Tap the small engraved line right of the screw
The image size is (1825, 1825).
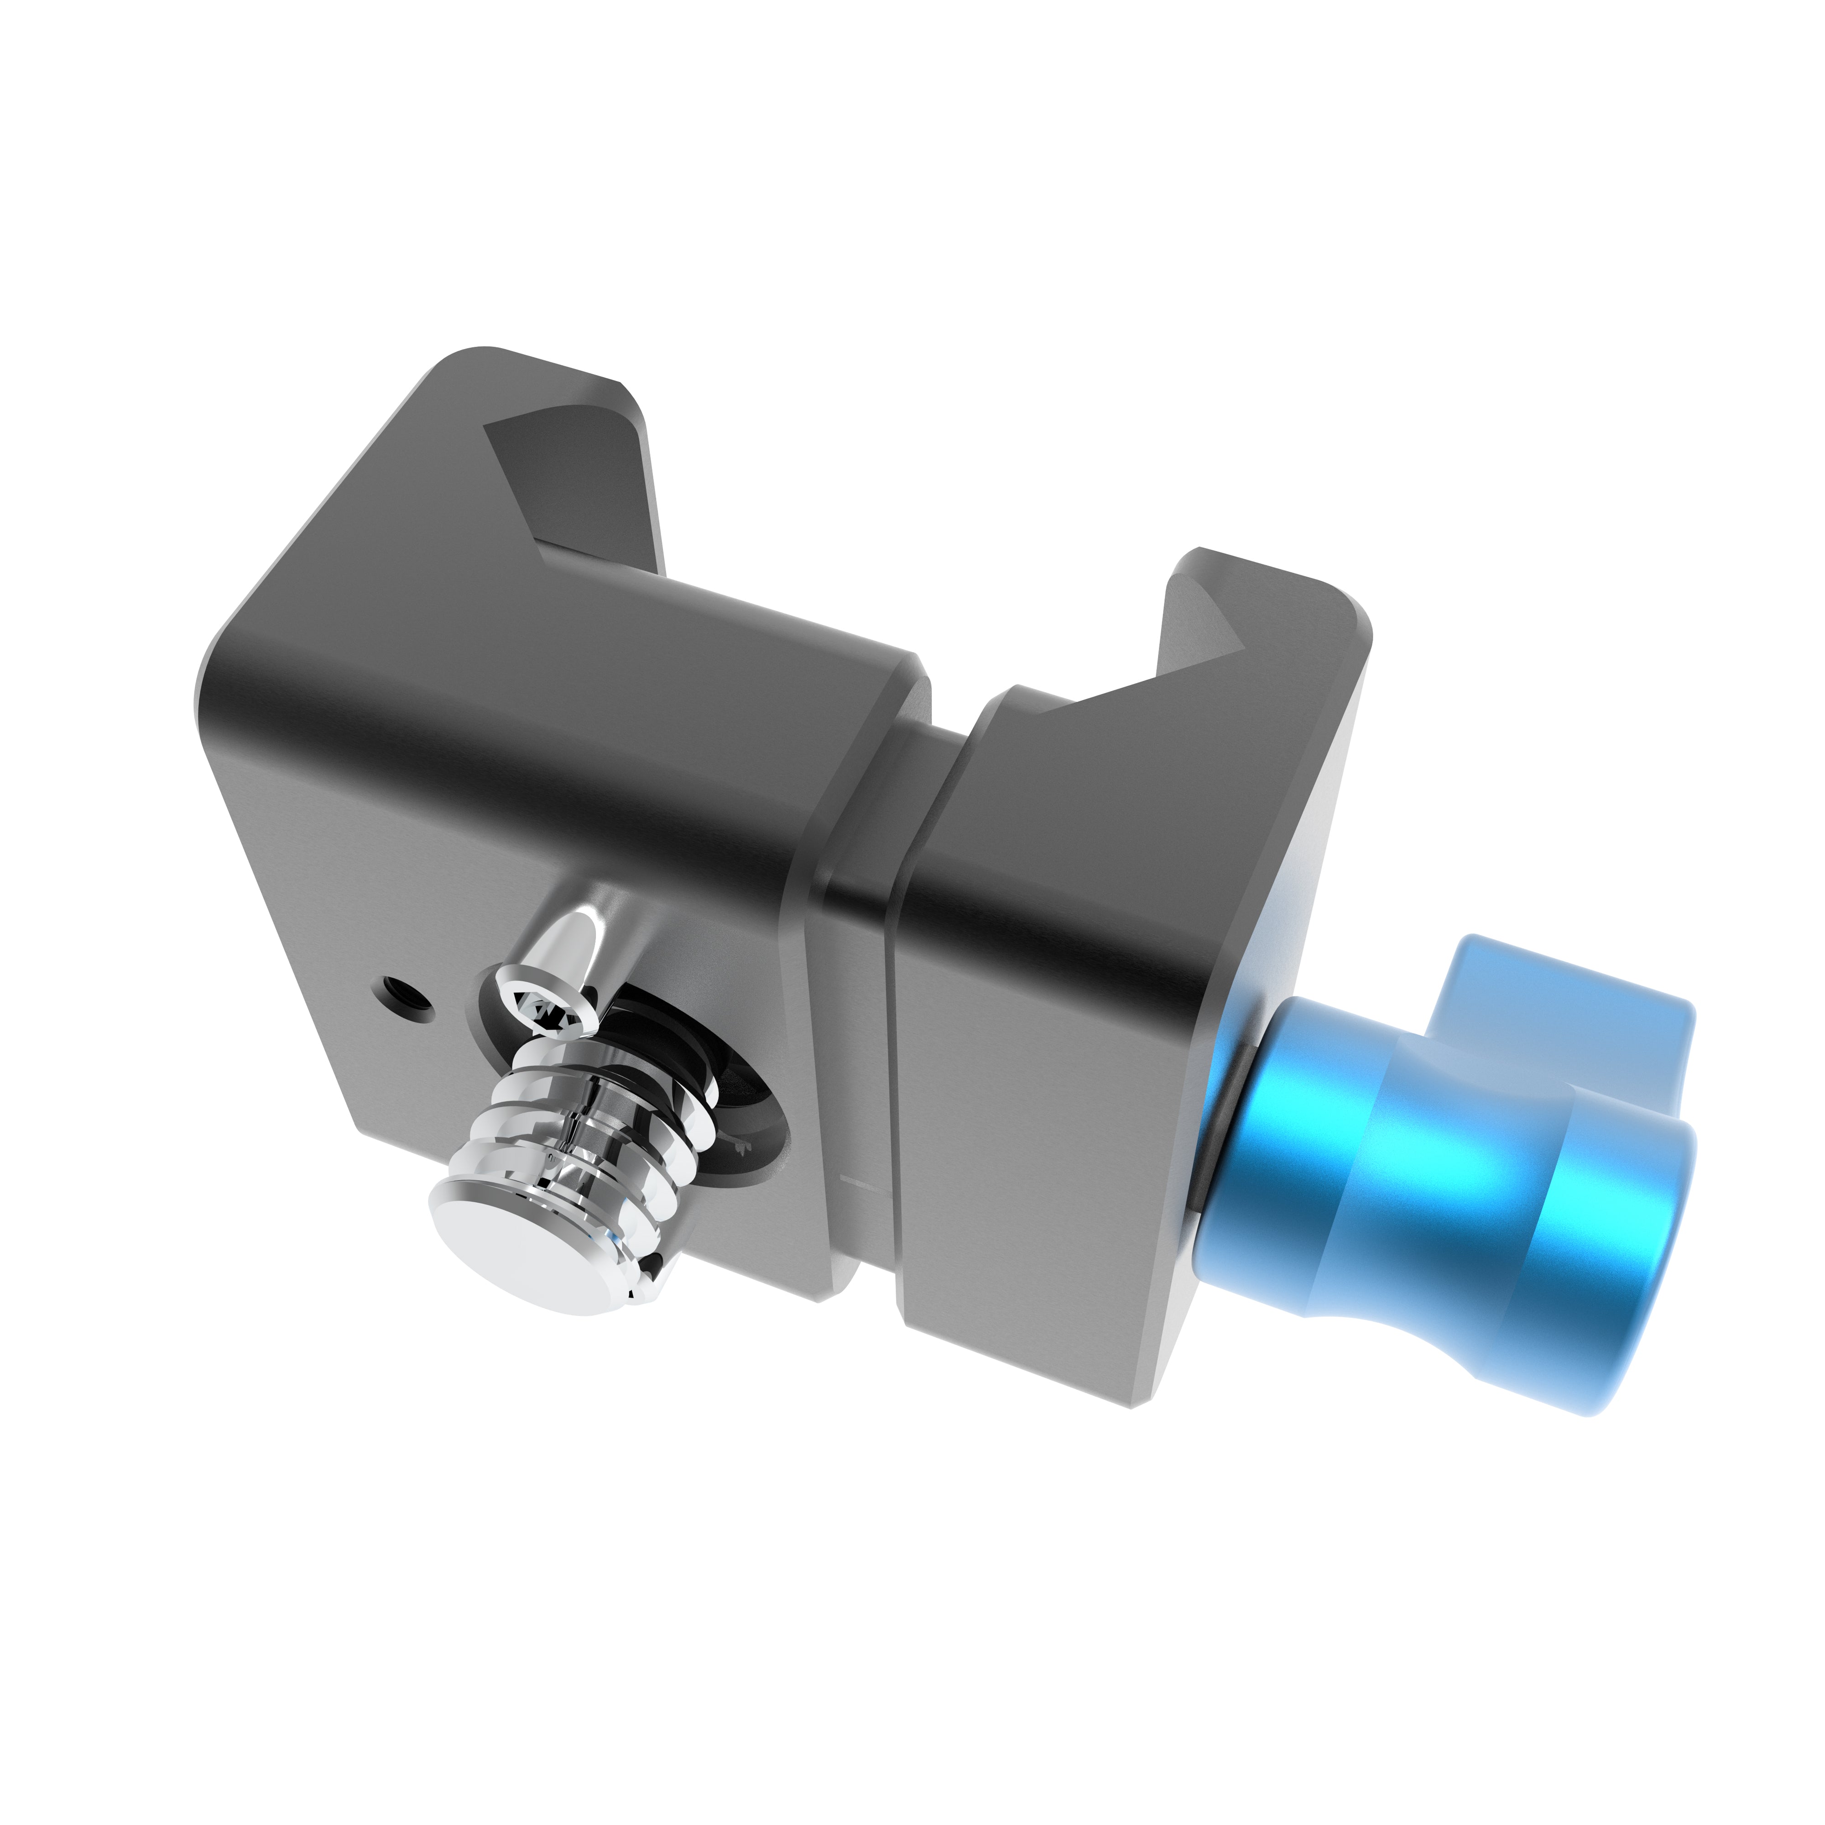855,1181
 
